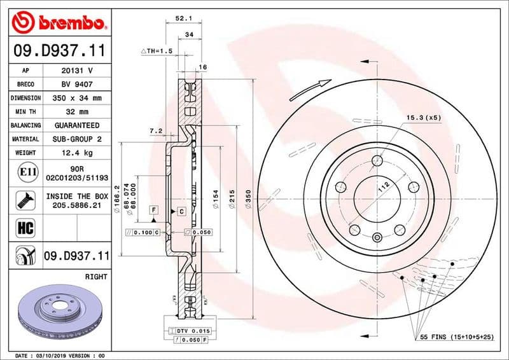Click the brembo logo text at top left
[x=69, y=24]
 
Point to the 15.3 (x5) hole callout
[x=424, y=118]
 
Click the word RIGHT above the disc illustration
[x=96, y=277]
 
